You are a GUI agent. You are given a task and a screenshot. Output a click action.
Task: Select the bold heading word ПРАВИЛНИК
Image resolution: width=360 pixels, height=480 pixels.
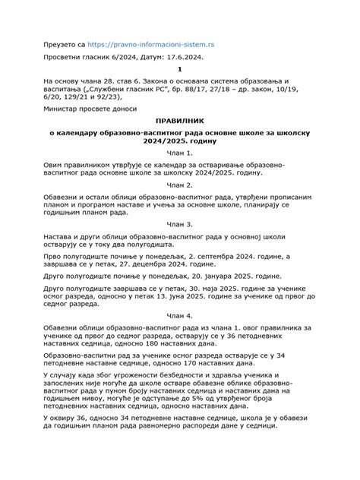(180, 122)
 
